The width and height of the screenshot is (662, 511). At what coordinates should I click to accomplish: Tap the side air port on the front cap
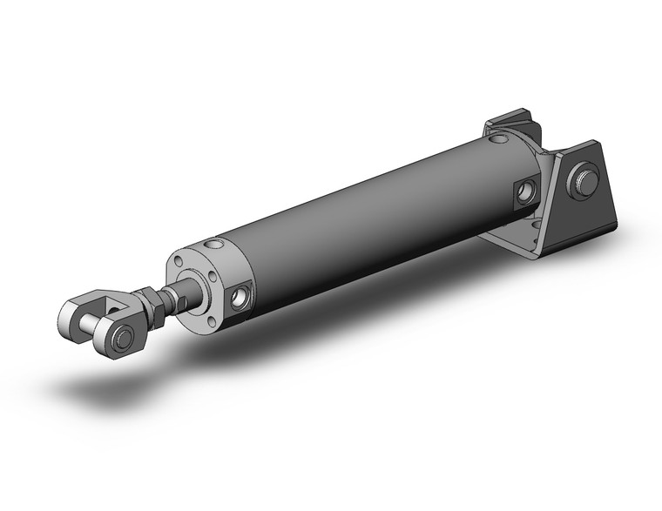239,300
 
